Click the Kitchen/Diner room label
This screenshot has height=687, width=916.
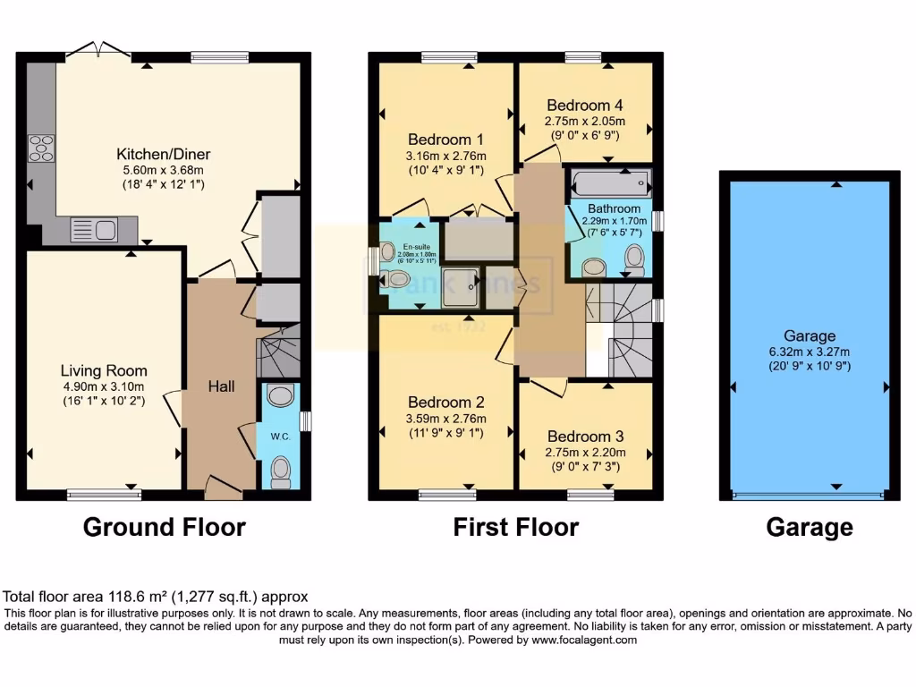168,154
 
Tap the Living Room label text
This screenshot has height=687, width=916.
104,370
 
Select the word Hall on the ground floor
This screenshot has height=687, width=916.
221,386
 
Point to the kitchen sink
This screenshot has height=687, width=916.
93,231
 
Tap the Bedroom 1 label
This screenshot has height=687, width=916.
445,140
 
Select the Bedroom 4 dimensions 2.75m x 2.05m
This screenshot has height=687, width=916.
585,121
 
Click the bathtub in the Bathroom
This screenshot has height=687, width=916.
609,182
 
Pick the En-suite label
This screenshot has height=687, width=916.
412,246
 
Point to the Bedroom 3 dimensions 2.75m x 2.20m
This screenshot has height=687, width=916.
585,452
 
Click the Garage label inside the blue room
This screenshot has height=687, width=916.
810,336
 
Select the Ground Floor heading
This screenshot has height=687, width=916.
164,528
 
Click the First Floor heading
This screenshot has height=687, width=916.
515,528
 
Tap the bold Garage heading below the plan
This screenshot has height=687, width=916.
809,528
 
